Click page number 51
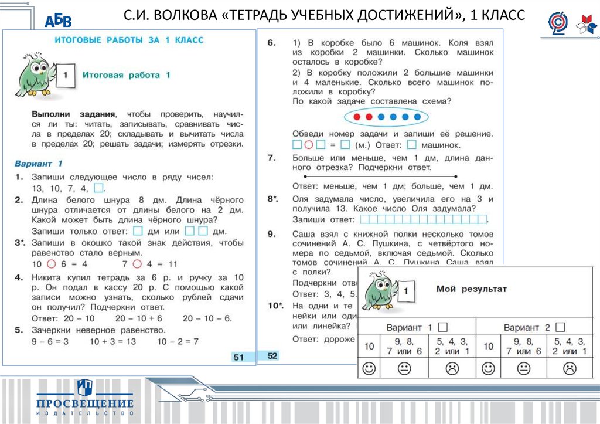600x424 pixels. tap(238, 358)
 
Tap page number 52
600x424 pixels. tap(272, 355)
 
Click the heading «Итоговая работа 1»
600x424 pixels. tap(126, 75)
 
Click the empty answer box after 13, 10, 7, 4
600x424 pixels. tap(99, 188)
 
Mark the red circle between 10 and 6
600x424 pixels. tap(51, 263)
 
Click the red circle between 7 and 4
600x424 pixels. tap(138, 263)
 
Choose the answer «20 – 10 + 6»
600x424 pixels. tap(138, 318)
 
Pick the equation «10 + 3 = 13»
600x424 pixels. tap(112, 341)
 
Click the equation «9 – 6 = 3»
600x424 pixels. tap(50, 341)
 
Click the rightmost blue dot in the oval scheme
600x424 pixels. tap(418, 117)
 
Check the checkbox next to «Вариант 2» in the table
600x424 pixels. tap(560, 327)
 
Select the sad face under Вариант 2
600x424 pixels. tap(569, 368)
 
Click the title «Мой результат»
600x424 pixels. tap(471, 289)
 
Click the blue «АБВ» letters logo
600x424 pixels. tap(58, 22)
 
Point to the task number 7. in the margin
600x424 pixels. tap(271, 158)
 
